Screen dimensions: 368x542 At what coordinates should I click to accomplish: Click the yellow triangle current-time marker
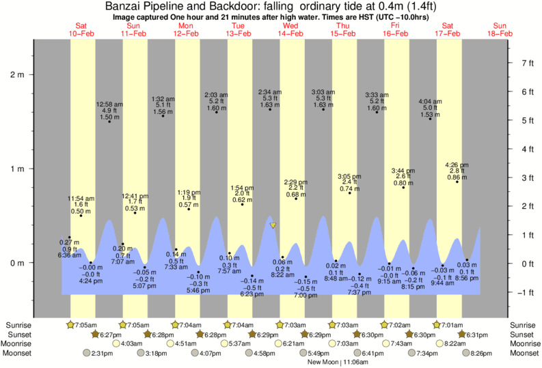273,225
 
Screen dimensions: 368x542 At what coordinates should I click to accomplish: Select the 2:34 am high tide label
269,92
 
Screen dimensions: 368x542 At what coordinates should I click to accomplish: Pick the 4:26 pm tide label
457,165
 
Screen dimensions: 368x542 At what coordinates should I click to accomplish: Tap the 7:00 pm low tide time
306,295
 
